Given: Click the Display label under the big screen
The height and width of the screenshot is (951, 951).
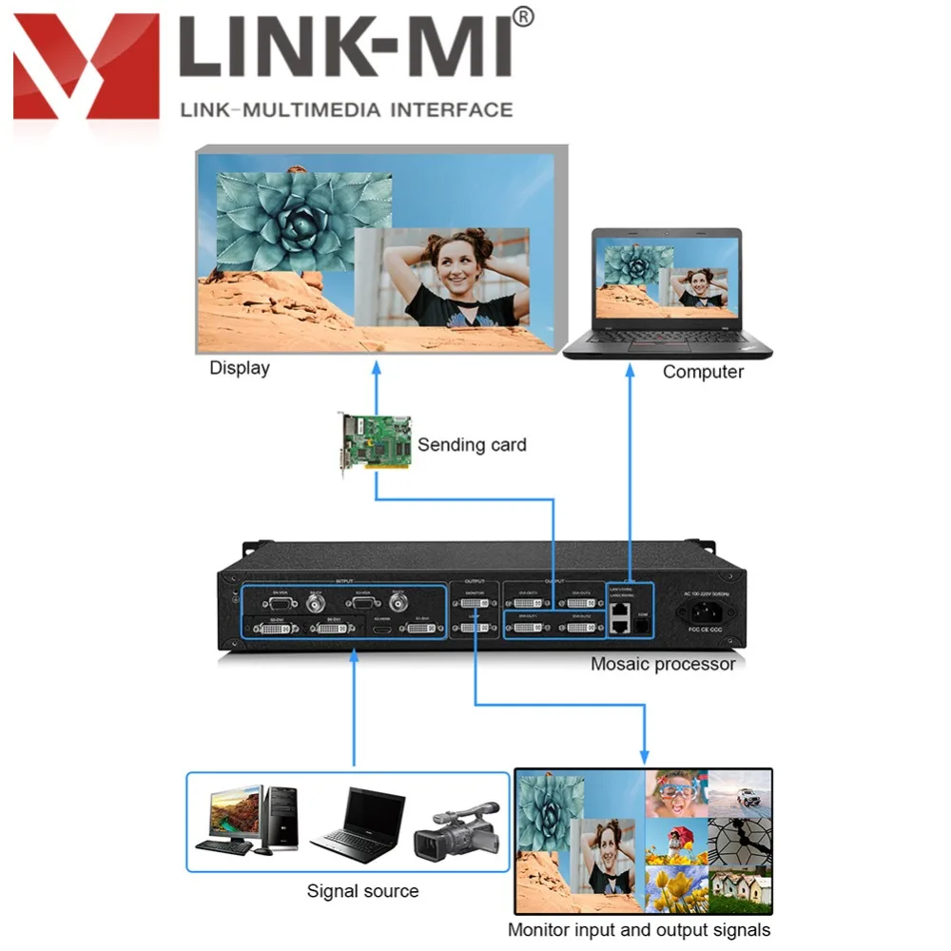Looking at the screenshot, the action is pyautogui.click(x=240, y=368).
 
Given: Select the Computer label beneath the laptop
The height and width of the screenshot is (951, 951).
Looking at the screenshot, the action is pyautogui.click(x=703, y=372).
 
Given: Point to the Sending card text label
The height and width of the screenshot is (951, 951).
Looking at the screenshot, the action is pyautogui.click(x=472, y=444).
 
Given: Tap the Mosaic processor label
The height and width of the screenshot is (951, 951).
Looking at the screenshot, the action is pyautogui.click(x=663, y=664).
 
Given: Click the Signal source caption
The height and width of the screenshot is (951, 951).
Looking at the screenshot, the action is pyautogui.click(x=362, y=891).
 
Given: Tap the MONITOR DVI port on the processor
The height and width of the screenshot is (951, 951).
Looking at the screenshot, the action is pyautogui.click(x=475, y=602).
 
